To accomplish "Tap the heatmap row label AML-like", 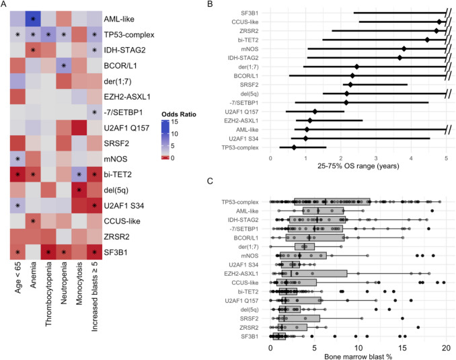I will pyautogui.click(x=124, y=17).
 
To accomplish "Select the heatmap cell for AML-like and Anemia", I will pyautogui.click(x=33, y=18).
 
